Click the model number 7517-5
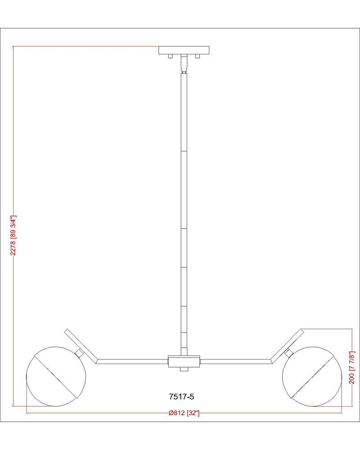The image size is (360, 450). (x=181, y=396)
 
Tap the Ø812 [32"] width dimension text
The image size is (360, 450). (x=184, y=413)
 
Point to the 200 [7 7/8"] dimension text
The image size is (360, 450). (x=352, y=367)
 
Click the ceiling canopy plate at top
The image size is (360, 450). (x=184, y=50)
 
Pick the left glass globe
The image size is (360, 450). (x=56, y=376)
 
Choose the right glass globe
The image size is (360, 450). (x=312, y=376)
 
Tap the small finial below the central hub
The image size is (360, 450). (x=184, y=369)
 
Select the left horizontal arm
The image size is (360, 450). (x=132, y=361)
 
